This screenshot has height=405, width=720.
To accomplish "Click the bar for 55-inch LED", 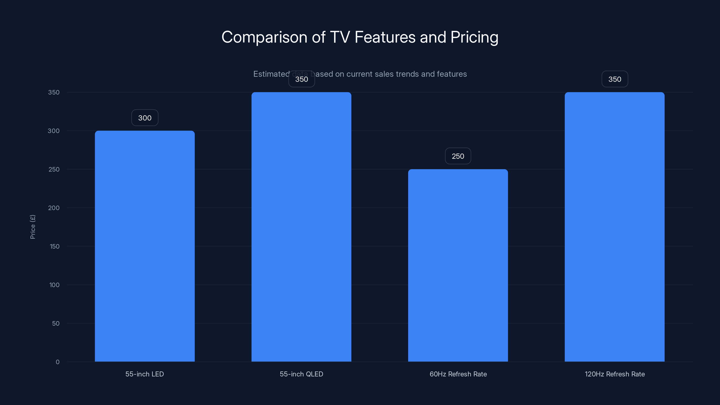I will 144,246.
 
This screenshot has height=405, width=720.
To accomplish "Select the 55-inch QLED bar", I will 301,226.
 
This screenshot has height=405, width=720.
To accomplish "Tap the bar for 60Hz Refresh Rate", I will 458,265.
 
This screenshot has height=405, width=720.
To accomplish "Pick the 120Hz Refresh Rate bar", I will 614,226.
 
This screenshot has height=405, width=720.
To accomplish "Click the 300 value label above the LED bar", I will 145,118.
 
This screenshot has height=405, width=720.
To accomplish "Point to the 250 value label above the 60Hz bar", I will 458,156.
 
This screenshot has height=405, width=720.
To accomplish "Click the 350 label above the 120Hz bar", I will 615,79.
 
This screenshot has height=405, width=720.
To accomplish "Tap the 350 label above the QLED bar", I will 301,79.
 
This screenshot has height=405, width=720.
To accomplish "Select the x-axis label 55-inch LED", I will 144,374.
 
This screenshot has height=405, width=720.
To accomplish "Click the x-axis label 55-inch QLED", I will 301,374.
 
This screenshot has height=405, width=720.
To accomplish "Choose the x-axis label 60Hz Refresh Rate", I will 458,374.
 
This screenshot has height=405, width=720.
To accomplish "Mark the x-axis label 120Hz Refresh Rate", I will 615,374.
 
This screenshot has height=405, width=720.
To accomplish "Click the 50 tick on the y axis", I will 56,323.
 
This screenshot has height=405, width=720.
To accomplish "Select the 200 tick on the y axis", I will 54,208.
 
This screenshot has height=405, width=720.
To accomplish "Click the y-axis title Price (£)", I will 33,227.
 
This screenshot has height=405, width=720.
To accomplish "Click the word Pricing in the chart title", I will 474,37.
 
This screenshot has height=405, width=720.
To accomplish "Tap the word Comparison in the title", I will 264,37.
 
